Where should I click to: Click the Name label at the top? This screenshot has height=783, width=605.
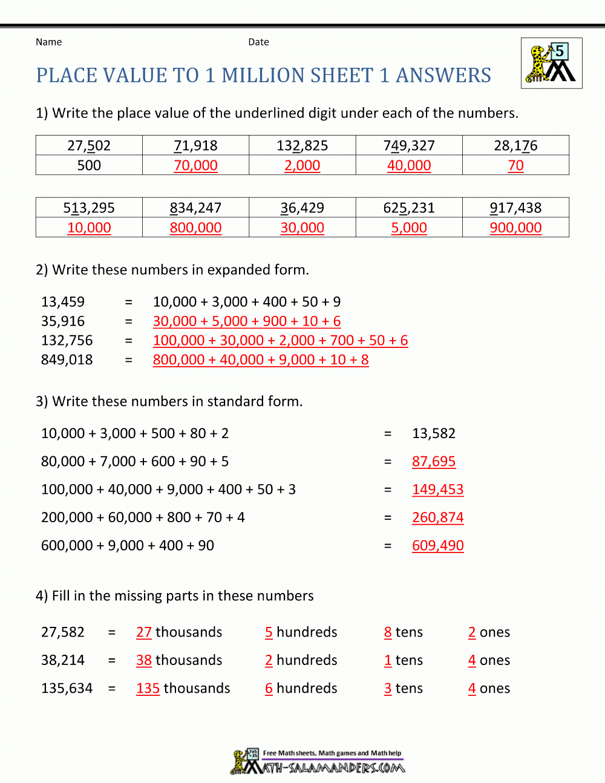(x=48, y=42)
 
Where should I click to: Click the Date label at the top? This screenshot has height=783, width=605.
(x=258, y=42)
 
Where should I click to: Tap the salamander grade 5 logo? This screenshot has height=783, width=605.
(x=551, y=63)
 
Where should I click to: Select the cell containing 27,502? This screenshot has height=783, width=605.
(x=89, y=146)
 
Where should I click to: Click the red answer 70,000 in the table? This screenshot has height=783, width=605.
(x=195, y=165)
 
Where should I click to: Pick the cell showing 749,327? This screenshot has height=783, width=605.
(x=409, y=146)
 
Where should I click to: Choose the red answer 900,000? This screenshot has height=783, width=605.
(x=515, y=228)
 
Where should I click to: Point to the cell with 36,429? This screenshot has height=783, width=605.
(x=302, y=208)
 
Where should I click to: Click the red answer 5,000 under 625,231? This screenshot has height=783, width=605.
(x=409, y=228)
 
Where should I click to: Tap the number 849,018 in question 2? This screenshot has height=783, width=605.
(x=67, y=359)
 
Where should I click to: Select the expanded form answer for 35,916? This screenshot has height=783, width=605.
(x=247, y=321)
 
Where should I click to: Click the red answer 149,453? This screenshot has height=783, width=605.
(x=437, y=489)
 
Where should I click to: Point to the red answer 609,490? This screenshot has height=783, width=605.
(x=437, y=545)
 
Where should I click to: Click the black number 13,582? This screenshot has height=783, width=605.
(x=434, y=433)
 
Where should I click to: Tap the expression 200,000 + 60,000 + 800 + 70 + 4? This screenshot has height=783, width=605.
(x=143, y=517)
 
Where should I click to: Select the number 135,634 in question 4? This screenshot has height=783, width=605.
(x=67, y=688)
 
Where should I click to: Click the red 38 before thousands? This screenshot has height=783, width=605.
(x=144, y=660)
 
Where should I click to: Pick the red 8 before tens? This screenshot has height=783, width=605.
(x=388, y=632)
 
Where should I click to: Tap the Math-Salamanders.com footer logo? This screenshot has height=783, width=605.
(x=318, y=762)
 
